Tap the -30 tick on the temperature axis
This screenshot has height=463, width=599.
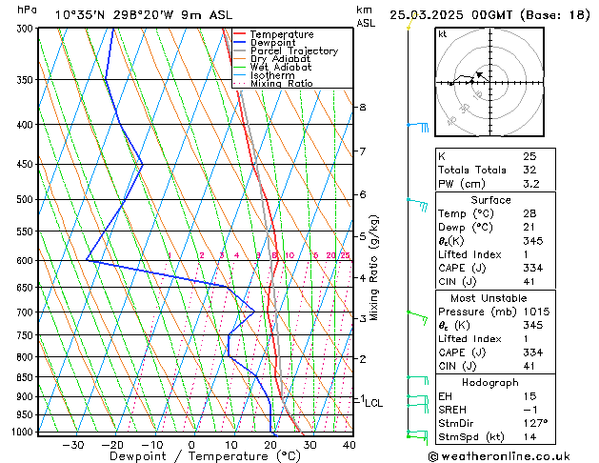(72, 444)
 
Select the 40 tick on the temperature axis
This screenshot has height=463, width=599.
(349, 444)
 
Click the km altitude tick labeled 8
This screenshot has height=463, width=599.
(363, 108)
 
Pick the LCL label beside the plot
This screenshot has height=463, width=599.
(373, 403)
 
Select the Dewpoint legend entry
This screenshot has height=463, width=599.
(272, 43)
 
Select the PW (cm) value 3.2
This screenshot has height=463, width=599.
(530, 184)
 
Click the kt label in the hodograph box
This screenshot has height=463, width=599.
(443, 34)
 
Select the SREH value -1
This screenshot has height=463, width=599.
(530, 409)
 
